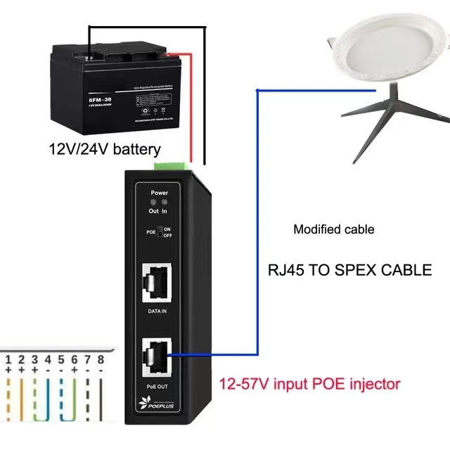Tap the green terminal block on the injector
(173, 164)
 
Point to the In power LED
(165, 202)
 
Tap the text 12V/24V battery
(104, 149)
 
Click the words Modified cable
(334, 229)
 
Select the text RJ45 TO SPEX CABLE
(350, 270)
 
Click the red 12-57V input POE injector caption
(310, 384)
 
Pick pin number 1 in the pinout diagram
(9, 360)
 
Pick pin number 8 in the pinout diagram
(101, 360)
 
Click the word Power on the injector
(160, 191)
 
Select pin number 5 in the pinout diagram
(61, 360)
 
